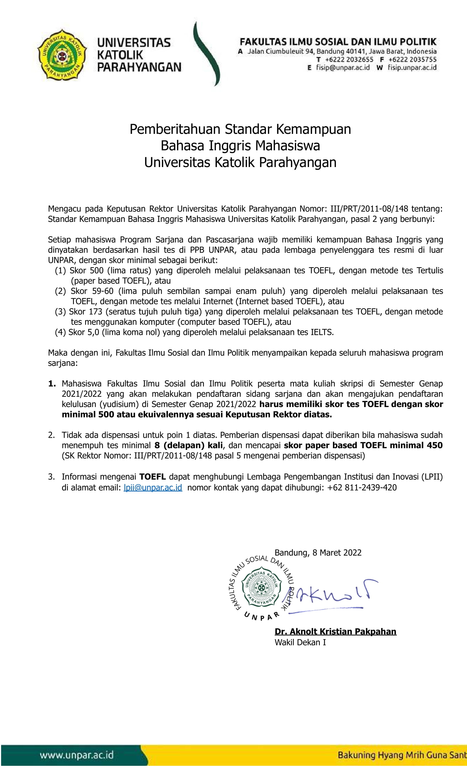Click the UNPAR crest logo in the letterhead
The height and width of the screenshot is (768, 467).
pos(62,55)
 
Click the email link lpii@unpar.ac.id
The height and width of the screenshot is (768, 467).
pos(153,487)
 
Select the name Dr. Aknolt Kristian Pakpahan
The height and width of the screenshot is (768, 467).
pos(335,631)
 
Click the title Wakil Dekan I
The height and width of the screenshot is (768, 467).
pos(300,642)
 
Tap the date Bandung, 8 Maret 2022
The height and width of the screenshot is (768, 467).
pos(318,553)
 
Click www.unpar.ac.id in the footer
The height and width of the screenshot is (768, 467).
pos(76,755)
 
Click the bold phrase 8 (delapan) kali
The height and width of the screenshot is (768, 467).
pos(188,445)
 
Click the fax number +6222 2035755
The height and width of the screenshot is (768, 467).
pos(412,60)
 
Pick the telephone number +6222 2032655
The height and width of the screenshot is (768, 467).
pos(349,60)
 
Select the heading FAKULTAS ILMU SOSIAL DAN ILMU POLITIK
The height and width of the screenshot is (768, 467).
pos(338,42)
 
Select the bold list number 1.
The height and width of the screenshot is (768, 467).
pos(52,384)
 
